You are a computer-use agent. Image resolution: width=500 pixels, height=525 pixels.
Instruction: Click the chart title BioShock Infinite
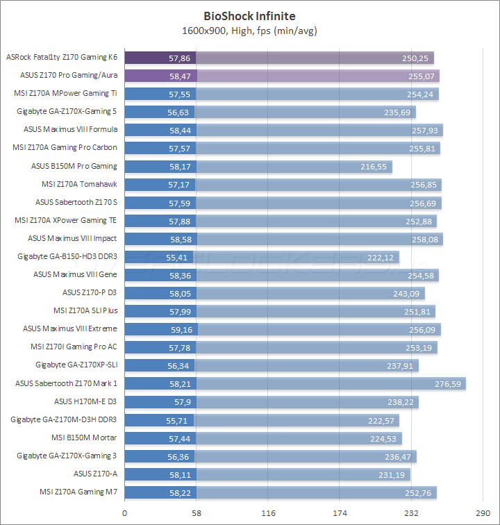[249, 15]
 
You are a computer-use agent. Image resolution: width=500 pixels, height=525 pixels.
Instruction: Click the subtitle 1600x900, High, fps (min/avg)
[249, 30]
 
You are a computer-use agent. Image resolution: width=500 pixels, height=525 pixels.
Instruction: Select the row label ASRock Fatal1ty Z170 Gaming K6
[61, 58]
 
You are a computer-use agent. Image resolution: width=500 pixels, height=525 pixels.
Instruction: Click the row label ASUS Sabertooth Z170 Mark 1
[67, 383]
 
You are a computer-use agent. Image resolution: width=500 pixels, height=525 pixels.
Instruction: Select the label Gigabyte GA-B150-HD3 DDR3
[67, 257]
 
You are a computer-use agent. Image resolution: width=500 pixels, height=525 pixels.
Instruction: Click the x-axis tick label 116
[268, 512]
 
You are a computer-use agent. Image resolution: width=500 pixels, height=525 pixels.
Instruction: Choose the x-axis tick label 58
[197, 512]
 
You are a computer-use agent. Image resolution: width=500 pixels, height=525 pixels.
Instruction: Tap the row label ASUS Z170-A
[96, 474]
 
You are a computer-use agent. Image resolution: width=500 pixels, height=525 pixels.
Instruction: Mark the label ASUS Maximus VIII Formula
[71, 130]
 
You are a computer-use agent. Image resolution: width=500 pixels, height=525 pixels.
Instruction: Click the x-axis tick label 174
[340, 512]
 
